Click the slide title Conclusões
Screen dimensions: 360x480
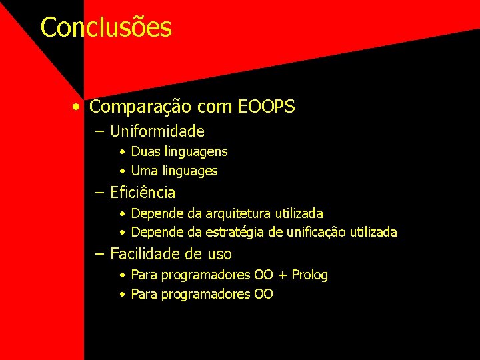pyautogui.click(x=106, y=28)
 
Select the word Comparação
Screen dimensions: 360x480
pyautogui.click(x=131, y=107)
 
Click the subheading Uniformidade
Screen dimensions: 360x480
pyautogui.click(x=157, y=131)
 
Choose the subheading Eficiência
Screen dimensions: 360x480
pyautogui.click(x=143, y=193)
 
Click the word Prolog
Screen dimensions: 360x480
pyautogui.click(x=309, y=275)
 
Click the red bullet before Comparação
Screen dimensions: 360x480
pyautogui.click(x=79, y=107)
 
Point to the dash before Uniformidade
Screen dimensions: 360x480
pyautogui.click(x=100, y=131)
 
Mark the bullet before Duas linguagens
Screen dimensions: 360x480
pyautogui.click(x=123, y=152)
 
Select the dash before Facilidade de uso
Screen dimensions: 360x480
pyautogui.click(x=100, y=254)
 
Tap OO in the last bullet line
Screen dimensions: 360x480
pyautogui.click(x=263, y=294)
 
